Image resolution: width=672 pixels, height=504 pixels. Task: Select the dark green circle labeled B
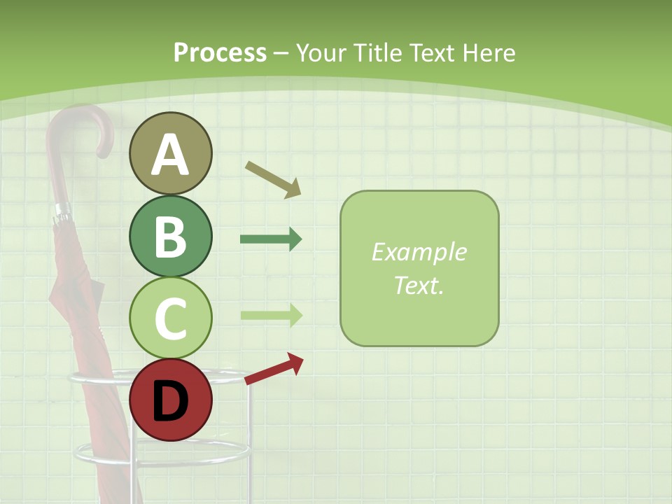coord(170,236)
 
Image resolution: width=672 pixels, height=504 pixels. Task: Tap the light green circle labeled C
coord(170,318)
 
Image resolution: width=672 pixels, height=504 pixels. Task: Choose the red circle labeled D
coord(170,400)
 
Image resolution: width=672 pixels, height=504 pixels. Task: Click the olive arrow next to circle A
coord(273,179)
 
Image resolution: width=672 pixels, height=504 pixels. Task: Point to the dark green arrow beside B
coord(271,239)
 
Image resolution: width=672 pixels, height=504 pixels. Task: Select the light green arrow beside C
coord(271,314)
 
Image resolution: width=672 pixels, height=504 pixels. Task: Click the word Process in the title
coord(220,53)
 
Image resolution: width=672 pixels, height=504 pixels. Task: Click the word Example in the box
coord(419,252)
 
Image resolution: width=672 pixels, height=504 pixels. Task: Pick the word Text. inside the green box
coord(419,285)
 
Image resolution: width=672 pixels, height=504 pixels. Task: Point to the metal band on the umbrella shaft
coord(62,210)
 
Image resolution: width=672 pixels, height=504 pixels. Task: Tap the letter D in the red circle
coord(170,401)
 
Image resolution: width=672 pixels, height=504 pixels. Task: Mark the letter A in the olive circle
coord(170,155)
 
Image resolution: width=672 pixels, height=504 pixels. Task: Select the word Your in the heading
coord(323,53)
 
